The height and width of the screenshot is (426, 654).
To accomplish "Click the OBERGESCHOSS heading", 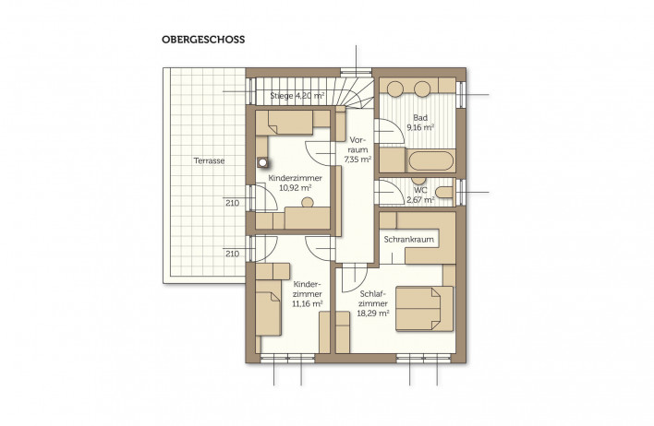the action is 203,40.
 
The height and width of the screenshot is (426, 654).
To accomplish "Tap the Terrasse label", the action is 209,160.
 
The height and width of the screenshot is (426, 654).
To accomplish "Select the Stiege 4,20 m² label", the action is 297,95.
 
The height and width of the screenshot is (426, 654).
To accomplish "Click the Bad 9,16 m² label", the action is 420,123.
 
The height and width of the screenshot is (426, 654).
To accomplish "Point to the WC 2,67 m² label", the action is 420,195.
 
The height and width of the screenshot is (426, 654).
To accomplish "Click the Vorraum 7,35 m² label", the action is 357,149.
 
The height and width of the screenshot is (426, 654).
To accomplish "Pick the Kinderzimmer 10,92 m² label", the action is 296,183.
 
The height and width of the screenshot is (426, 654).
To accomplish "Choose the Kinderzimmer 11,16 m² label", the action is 308,294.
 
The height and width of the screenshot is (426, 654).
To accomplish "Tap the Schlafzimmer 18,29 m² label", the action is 373,303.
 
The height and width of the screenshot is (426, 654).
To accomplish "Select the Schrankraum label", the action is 408,240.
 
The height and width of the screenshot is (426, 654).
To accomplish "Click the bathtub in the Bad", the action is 430,160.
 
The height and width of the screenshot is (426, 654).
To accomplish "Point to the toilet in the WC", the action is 444,193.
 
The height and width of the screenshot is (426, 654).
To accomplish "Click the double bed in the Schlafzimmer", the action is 424,309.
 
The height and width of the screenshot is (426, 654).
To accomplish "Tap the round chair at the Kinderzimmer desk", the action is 308,203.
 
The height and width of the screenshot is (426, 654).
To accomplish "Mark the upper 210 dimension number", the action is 233,203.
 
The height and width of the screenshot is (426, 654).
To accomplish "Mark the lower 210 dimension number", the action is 233,254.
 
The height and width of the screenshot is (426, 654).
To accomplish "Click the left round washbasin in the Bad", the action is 394,89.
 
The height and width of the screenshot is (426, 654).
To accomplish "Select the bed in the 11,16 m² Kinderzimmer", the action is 268,308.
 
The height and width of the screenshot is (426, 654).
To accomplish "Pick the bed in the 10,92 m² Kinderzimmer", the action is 284,123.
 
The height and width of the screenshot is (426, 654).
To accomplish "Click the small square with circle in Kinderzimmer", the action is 262,163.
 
